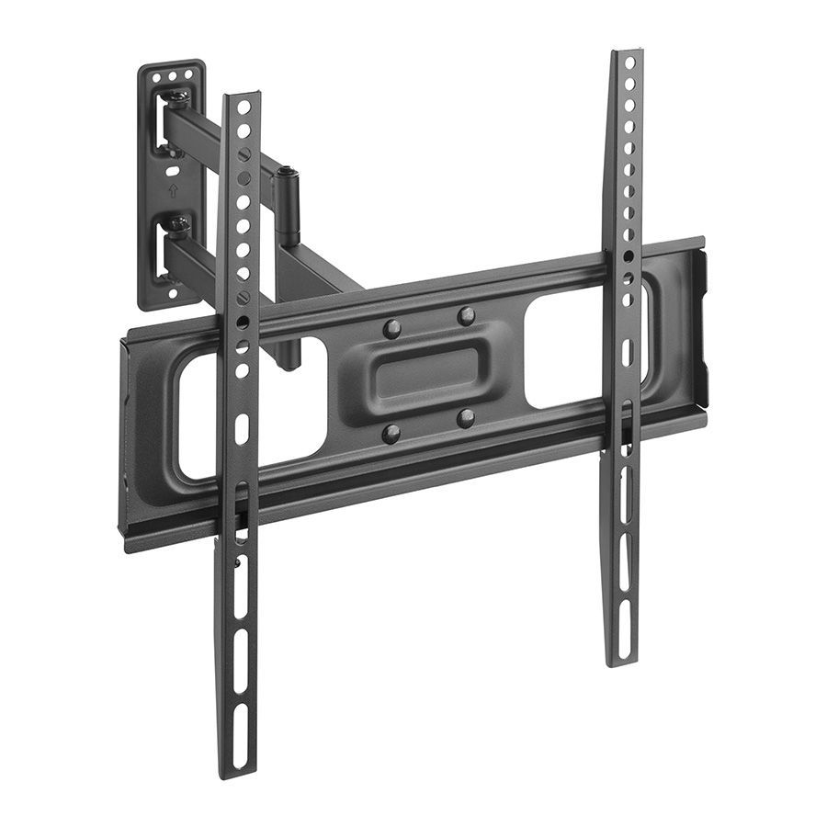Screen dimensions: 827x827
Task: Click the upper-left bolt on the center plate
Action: (x=392, y=328)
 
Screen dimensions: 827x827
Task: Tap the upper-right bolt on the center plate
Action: (x=467, y=316)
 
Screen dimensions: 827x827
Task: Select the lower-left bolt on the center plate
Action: (x=392, y=433)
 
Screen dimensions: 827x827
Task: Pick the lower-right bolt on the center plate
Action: (x=467, y=419)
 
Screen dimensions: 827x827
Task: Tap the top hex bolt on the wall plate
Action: (x=179, y=98)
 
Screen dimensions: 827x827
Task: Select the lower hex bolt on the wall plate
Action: (x=178, y=223)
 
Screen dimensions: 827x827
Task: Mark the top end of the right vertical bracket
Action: (x=629, y=56)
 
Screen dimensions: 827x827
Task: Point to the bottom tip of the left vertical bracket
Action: (x=235, y=770)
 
